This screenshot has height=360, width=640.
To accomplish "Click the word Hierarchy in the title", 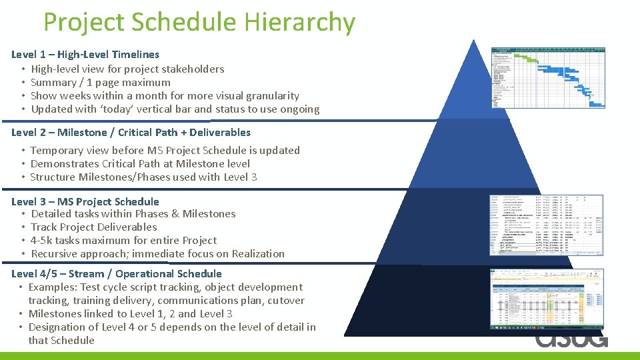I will coord(299,23).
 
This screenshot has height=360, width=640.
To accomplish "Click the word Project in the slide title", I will coord(84,23).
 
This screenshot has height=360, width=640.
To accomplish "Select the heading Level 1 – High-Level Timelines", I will coord(85,55).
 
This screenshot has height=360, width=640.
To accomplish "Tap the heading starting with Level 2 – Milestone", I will coord(131,132).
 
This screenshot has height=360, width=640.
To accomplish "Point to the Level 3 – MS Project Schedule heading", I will coord(85,201).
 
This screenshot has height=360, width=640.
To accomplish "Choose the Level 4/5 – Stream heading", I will coord(116,273).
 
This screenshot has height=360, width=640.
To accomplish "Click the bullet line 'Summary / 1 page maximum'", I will coord(101,82).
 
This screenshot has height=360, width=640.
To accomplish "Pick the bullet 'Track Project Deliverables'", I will coord(94,227).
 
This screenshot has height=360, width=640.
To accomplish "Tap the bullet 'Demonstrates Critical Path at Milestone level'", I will coord(140,163).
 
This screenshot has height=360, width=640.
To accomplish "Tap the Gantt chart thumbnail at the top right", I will coord(547,76).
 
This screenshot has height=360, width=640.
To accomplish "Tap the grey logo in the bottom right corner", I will coord(571,339).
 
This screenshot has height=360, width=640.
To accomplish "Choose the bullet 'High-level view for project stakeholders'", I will coord(127,69).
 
